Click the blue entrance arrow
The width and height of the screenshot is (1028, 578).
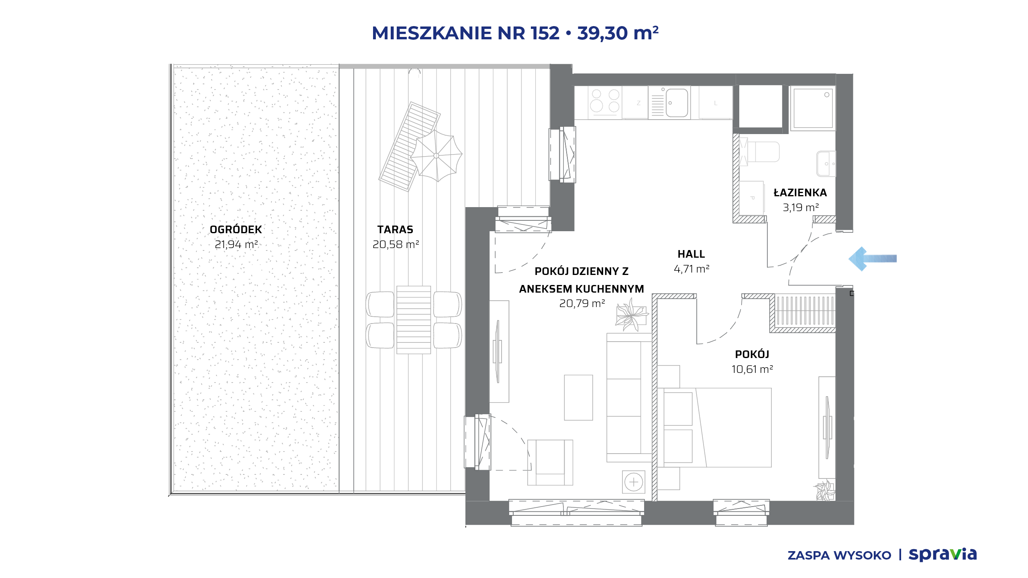pos(872,259)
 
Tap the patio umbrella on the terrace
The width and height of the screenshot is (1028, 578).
pos(436,156)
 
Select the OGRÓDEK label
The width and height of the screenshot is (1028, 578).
pos(236,230)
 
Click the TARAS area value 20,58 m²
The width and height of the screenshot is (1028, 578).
pos(396,244)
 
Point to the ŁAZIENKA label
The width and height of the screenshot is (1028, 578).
pos(800,192)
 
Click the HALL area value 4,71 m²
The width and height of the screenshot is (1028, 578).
pos(691,269)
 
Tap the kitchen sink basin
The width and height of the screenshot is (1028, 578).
pos(677,103)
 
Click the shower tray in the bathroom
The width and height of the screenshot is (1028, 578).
pos(813,108)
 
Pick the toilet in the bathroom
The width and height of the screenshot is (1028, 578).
pos(759,152)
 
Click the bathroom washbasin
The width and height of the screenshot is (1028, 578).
pos(826,163)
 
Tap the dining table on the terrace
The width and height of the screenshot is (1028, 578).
pos(414,320)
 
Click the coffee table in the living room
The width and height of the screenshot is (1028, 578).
pos(578,397)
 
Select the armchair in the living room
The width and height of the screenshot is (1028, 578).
pos(550,462)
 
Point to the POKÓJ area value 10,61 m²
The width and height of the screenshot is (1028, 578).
pos(752,369)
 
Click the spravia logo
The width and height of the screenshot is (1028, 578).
pos(943,555)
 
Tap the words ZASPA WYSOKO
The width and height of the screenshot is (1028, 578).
pos(839,556)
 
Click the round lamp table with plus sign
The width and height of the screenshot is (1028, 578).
pos(634,482)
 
